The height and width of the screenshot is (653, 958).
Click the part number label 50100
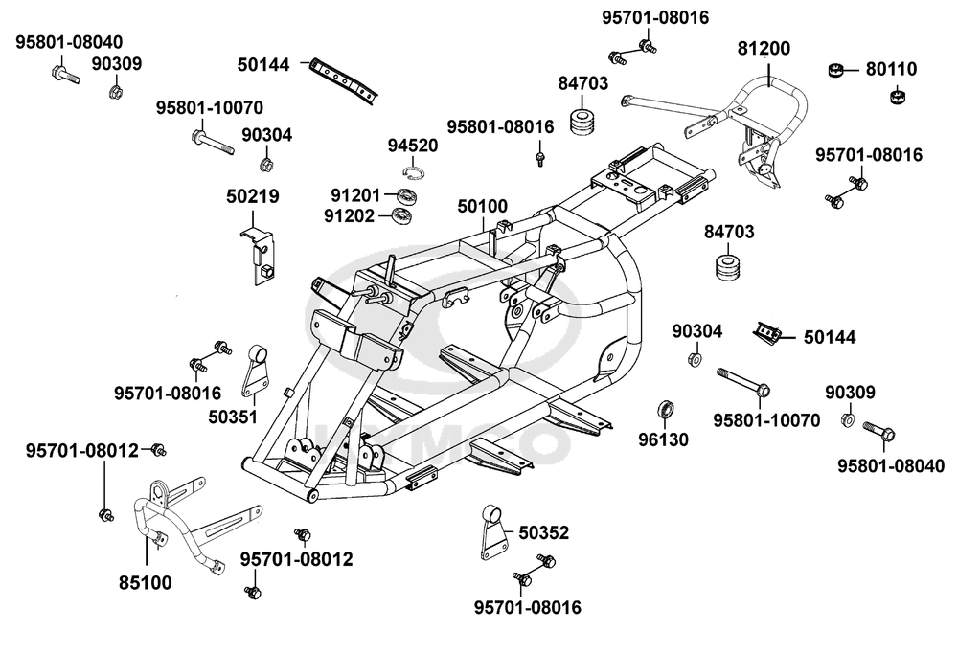[x=483, y=206]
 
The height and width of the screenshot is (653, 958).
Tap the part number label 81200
[x=764, y=48]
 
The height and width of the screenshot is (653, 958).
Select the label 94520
[x=413, y=146]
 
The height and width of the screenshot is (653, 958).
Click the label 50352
[x=543, y=533]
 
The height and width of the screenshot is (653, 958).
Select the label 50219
[x=253, y=196]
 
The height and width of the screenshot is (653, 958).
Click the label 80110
[x=891, y=69]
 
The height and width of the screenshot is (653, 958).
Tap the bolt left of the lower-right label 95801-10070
[x=743, y=383]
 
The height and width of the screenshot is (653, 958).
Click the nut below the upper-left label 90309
[x=115, y=92]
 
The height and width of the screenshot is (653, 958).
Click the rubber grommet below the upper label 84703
[x=582, y=125]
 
